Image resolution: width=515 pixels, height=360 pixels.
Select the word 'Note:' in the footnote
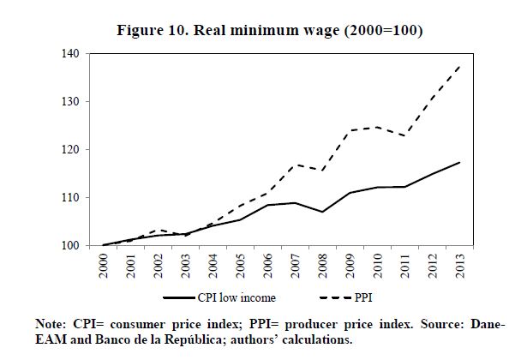tap(51, 325)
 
